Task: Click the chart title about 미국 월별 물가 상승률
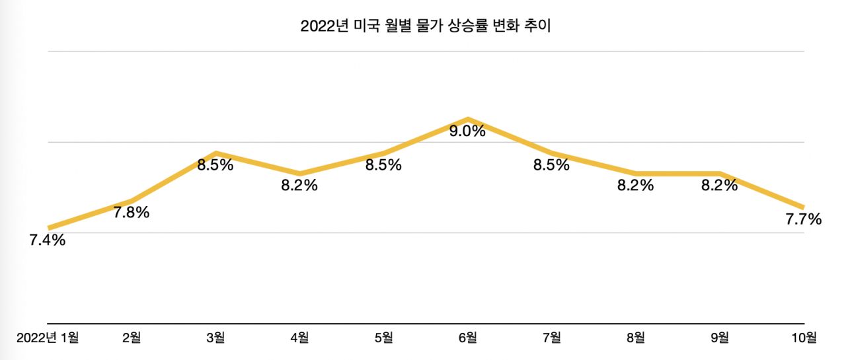[426, 26]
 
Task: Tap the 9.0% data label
[467, 131]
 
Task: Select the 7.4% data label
[47, 240]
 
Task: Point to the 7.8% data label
[132, 213]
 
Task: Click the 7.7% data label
[804, 219]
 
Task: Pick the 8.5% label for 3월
[215, 165]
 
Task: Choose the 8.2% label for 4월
[299, 185]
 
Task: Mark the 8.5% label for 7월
[551, 165]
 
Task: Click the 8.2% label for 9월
[720, 185]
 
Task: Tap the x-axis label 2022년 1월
[48, 338]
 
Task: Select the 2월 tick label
[132, 338]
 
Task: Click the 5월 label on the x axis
[384, 338]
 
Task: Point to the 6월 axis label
[467, 338]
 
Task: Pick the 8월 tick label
[636, 338]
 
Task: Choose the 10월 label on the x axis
[804, 338]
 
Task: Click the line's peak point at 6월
[468, 120]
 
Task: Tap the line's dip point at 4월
[300, 174]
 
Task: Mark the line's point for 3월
[215, 153]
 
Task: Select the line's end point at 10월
[804, 207]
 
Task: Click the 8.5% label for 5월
[383, 165]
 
